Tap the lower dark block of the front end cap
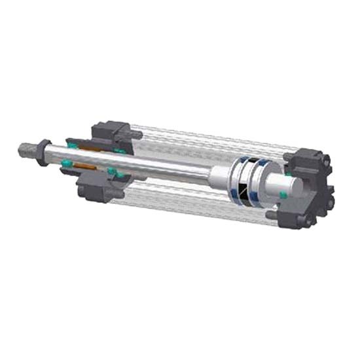point(98,190)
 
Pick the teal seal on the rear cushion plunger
point(283,194)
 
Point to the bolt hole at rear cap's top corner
point(313,157)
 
